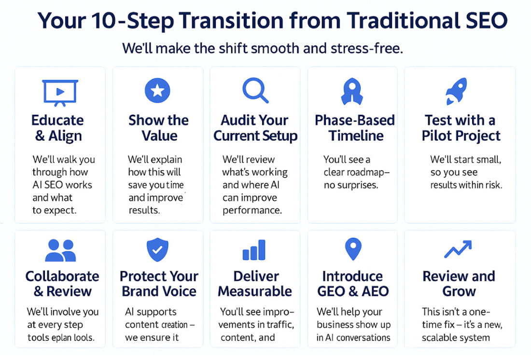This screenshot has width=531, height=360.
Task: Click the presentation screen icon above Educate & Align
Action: [x=60, y=92]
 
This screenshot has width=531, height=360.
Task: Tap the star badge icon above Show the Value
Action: [x=157, y=91]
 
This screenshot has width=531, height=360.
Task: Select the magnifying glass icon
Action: [x=255, y=91]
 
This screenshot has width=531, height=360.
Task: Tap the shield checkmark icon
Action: [x=157, y=249]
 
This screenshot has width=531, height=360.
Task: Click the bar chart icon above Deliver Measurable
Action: [x=254, y=250]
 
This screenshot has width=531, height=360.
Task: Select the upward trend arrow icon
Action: [x=458, y=250]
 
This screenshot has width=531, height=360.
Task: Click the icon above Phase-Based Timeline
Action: [x=352, y=92]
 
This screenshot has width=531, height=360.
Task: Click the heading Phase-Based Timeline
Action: [x=355, y=128]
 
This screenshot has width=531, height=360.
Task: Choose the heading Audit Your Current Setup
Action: [x=255, y=128]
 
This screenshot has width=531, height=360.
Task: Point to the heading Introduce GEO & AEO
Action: [x=352, y=284]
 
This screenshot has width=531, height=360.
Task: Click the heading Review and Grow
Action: [x=459, y=284]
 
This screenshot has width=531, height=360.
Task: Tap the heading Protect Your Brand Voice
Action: [x=159, y=284]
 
